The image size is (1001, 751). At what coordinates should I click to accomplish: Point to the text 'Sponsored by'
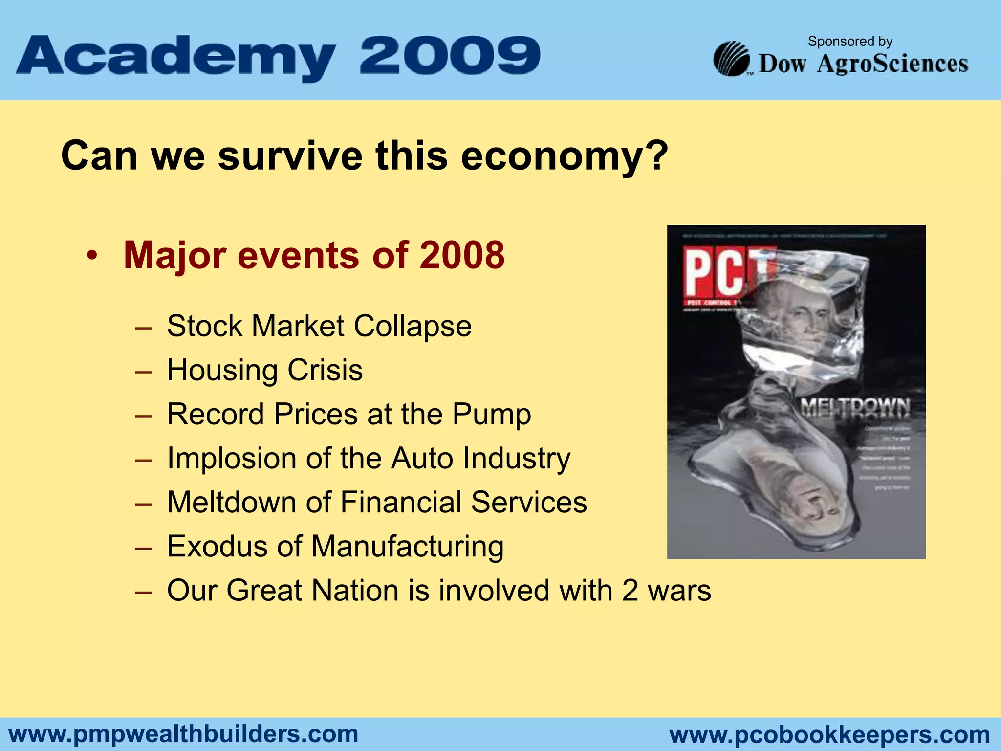850,42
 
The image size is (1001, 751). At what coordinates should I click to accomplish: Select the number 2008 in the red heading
462,255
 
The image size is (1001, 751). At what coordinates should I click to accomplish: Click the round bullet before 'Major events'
92,256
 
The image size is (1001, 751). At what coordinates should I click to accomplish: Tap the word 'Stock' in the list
204,326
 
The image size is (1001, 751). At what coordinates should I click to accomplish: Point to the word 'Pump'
491,415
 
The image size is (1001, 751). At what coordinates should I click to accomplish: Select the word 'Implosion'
232,458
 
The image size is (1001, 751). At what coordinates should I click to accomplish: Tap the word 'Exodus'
217,546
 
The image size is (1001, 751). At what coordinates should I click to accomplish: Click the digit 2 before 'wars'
630,590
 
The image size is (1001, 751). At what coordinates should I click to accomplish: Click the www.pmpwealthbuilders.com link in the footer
184,734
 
